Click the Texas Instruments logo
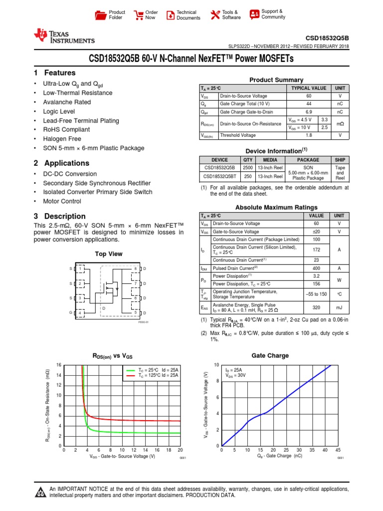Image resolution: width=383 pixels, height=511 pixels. [x=63, y=36]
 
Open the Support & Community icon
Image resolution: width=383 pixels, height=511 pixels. [x=254, y=14]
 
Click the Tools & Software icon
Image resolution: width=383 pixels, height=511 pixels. [x=215, y=15]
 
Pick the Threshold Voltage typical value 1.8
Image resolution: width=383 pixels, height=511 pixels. [x=309, y=135]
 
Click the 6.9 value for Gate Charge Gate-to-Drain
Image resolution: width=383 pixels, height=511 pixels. [x=309, y=112]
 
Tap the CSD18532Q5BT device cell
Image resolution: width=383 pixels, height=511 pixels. [x=220, y=176]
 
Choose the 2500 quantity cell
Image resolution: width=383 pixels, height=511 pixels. [x=248, y=168]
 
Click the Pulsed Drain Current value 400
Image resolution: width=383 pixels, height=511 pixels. [x=317, y=268]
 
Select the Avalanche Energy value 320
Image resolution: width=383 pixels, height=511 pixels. [x=317, y=308]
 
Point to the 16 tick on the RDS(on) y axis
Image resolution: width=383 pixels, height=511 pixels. [x=59, y=365]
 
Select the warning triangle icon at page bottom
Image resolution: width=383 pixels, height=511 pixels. [x=40, y=493]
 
